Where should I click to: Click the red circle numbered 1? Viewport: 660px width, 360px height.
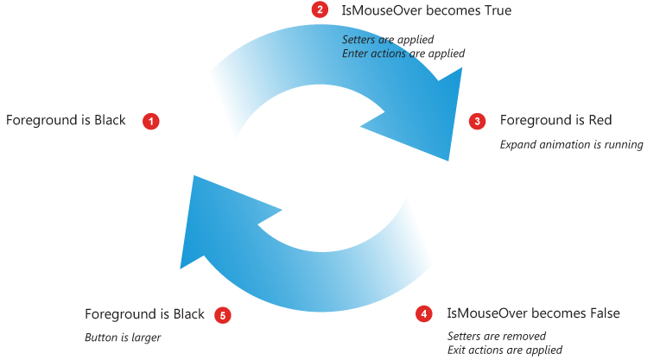(151, 121)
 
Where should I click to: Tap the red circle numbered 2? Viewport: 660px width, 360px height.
(320, 10)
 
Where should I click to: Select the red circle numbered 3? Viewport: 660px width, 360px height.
(478, 121)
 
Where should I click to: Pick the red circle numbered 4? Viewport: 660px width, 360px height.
(423, 313)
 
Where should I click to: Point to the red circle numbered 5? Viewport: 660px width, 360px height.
(223, 315)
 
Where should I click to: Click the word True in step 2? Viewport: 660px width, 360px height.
(496, 11)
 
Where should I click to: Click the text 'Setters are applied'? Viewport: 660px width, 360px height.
(388, 39)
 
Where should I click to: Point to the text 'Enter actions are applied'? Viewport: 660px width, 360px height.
(403, 53)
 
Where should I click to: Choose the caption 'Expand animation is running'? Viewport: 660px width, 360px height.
(571, 144)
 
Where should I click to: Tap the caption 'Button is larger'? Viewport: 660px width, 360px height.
(123, 338)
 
